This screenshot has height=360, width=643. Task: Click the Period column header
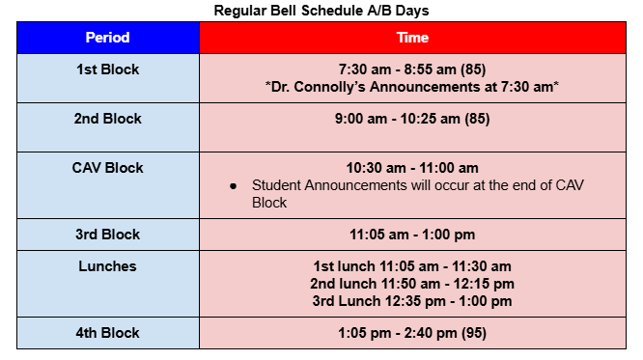point(107,38)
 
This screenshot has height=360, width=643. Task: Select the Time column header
point(412,38)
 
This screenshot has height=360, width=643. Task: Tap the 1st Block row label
point(107,69)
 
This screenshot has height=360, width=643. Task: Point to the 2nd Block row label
point(107,119)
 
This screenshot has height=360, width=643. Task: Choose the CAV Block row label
point(107,168)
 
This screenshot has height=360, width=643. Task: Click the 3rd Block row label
point(107,235)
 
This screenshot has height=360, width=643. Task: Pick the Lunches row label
point(107,266)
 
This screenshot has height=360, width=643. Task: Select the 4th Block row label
point(107,333)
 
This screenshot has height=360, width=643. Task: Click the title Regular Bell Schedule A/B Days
point(321,11)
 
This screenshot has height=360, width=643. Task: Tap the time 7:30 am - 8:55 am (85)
point(412,69)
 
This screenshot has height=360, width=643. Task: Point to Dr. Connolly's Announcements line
point(412,87)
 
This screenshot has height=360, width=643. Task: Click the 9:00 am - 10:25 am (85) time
point(412,119)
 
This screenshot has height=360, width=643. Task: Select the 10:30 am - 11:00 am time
point(412,168)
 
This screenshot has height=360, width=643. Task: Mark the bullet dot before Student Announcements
point(234,186)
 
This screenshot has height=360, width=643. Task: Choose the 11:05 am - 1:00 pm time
point(412,235)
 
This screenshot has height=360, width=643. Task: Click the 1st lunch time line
point(412,266)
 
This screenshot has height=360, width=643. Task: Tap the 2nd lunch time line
point(412,284)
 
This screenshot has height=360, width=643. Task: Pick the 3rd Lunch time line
point(412,300)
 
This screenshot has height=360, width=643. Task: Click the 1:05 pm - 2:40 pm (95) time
point(412,333)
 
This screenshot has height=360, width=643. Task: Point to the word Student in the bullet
point(276,185)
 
